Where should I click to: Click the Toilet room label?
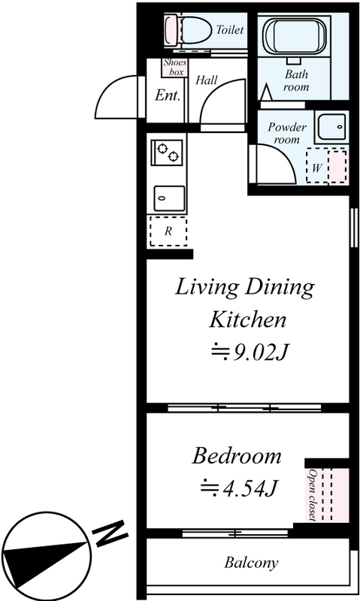tap(230, 29)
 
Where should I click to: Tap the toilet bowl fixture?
tap(189, 30)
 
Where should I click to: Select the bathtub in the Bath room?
tap(294, 36)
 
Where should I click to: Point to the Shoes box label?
tap(175, 67)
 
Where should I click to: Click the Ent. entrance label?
tap(168, 95)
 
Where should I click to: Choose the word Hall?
tap(206, 80)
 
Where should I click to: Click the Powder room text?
tap(287, 133)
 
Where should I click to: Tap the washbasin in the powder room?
tap(331, 126)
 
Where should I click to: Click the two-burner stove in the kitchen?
tap(167, 152)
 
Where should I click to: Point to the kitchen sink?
tap(169, 198)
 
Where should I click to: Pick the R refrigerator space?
tap(168, 231)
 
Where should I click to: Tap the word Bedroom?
tap(237, 456)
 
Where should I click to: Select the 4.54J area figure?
tap(239, 488)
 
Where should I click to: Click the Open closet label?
tap(312, 495)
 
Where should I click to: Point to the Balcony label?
tap(251, 563)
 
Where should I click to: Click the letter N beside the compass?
tap(110, 533)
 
